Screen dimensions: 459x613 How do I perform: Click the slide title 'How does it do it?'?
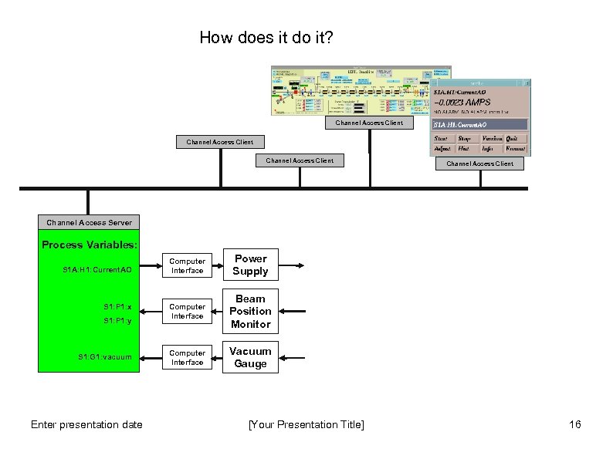(x=266, y=37)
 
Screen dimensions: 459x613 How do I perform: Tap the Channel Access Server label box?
(x=89, y=222)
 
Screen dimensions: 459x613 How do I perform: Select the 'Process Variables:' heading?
(x=90, y=245)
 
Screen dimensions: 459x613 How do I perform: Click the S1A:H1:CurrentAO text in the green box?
(x=97, y=271)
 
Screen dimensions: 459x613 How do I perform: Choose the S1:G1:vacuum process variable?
(x=105, y=357)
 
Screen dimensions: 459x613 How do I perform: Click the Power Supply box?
(x=251, y=265)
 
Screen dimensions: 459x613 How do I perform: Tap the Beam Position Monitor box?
(x=251, y=311)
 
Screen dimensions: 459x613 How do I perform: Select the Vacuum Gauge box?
(x=251, y=357)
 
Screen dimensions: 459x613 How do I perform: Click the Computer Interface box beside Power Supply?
(x=188, y=266)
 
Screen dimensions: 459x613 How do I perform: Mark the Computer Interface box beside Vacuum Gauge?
(x=188, y=358)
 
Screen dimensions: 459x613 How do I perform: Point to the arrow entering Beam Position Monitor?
(x=294, y=312)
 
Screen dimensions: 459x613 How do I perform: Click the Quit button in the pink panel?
(x=512, y=139)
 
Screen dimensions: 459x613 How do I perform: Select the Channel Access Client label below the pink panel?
(x=480, y=164)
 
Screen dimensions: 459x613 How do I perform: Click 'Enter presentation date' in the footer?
(x=86, y=424)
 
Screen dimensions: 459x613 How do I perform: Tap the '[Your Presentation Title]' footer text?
(x=306, y=424)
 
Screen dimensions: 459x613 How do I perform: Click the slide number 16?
(x=574, y=424)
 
